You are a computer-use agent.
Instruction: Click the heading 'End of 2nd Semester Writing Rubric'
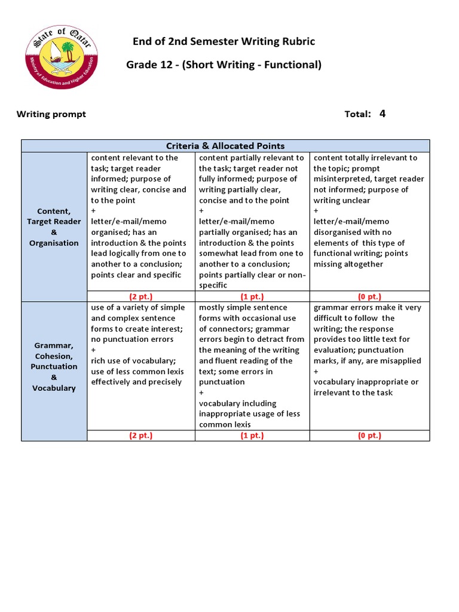click(224, 41)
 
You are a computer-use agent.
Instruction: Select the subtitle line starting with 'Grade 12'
click(224, 65)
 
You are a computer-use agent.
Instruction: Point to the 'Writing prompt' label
click(51, 114)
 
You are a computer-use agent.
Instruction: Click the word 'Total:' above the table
click(358, 114)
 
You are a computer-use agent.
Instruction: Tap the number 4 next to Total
click(382, 114)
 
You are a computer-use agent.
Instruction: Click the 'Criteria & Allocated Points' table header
click(225, 146)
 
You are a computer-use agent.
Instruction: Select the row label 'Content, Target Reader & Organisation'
click(54, 227)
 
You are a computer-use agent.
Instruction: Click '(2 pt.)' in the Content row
click(141, 296)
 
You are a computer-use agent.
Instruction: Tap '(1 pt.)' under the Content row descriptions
click(252, 296)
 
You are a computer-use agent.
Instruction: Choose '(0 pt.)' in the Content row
click(369, 296)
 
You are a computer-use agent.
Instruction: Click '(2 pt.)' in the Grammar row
click(141, 436)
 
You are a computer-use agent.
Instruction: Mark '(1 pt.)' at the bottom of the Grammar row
click(252, 436)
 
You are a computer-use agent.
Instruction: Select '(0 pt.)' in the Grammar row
click(369, 436)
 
